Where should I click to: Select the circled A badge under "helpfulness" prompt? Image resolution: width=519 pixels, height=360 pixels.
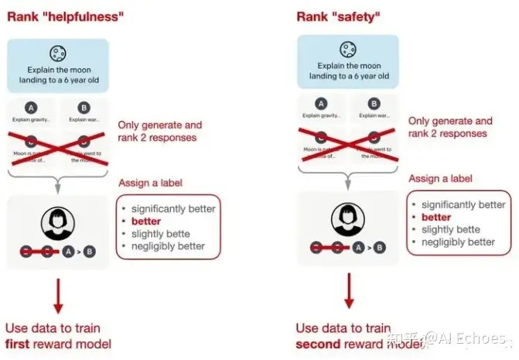(31, 107)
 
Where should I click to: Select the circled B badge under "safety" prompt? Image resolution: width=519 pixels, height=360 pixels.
(373, 102)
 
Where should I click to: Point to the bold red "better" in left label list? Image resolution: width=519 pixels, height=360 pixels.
(148, 221)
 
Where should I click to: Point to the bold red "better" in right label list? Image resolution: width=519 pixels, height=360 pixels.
(436, 218)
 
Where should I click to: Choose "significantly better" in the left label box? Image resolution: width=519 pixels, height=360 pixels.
(173, 209)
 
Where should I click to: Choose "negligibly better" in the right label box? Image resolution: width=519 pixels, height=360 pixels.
(459, 242)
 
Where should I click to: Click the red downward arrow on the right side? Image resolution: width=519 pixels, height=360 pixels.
(349, 292)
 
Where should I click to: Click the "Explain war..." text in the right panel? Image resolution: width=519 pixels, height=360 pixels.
(373, 115)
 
